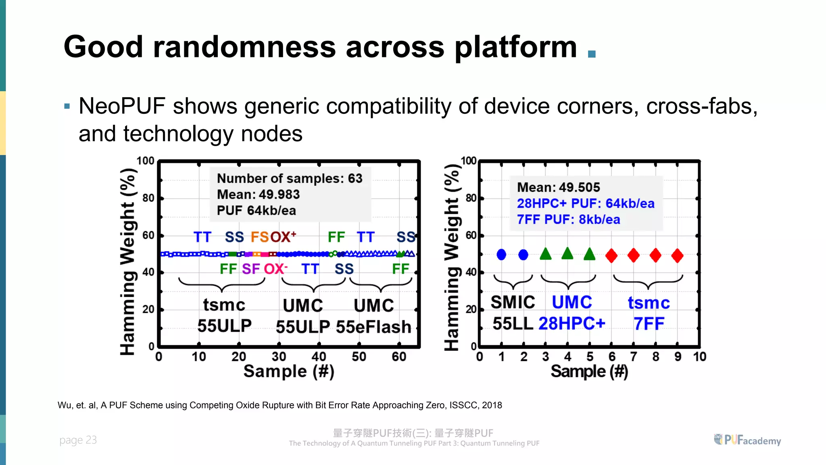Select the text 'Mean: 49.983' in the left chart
pyautogui.click(x=258, y=195)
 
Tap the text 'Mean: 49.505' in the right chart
pyautogui.click(x=558, y=187)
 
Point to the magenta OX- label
pyautogui.click(x=275, y=269)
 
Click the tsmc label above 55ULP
pyautogui.click(x=224, y=305)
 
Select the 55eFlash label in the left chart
pyautogui.click(x=373, y=327)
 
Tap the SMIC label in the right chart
pyautogui.click(x=513, y=302)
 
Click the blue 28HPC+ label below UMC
pyautogui.click(x=572, y=324)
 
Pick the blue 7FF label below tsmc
pyautogui.click(x=649, y=324)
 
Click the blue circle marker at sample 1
pyautogui.click(x=501, y=255)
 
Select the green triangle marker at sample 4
pyautogui.click(x=567, y=253)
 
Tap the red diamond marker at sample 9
pyautogui.click(x=677, y=256)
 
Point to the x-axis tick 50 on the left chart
pyautogui.click(x=359, y=357)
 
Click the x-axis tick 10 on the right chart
pyautogui.click(x=699, y=357)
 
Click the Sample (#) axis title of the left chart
pyautogui.click(x=289, y=371)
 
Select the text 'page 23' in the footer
pyautogui.click(x=78, y=440)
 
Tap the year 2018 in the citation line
pyautogui.click(x=492, y=405)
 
